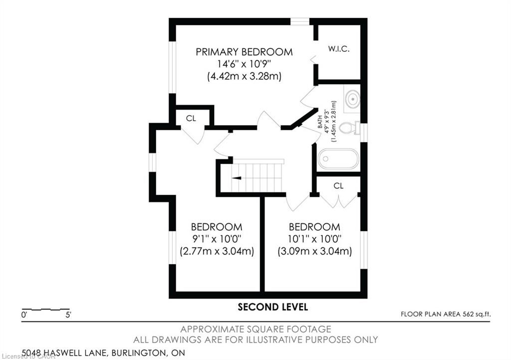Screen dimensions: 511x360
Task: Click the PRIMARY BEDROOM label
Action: tap(244, 52)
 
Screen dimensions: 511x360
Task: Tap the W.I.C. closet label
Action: tap(339, 49)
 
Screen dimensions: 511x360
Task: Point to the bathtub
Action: tap(338, 159)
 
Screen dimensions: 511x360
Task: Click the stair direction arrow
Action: tap(237, 178)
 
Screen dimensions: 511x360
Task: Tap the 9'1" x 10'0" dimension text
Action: tap(217, 239)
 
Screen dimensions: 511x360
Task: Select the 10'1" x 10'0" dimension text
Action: tap(314, 239)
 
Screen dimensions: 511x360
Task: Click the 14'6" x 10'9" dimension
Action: tap(244, 64)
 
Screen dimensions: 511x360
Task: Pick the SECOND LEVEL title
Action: tap(273, 307)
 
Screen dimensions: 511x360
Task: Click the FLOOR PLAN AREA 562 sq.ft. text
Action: tap(446, 314)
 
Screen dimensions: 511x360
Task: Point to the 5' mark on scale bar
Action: tap(68, 315)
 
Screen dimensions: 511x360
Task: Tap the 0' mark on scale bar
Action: tap(24, 315)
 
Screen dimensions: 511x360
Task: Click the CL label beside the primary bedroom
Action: tap(191, 118)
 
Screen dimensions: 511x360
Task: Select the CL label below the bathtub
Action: tap(338, 185)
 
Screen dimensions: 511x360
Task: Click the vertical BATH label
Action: tap(320, 122)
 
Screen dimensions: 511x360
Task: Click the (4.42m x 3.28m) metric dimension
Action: tap(244, 76)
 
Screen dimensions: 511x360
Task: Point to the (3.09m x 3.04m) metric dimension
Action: tap(314, 251)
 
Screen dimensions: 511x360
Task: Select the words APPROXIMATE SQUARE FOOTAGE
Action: tap(256, 329)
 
